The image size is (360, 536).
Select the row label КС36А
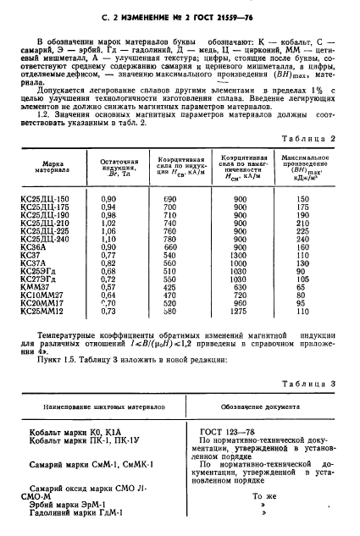(x=43, y=247)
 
